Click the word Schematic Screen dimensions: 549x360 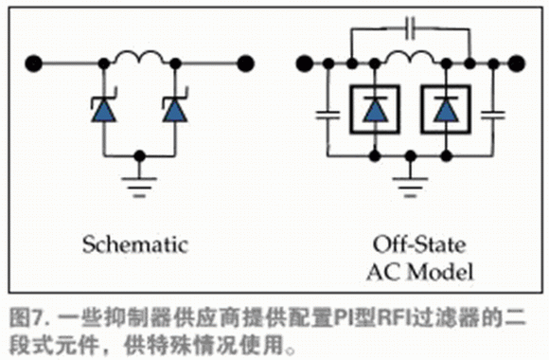tap(135, 244)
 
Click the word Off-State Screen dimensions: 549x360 tap(419, 244)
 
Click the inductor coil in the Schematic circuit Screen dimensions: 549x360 tap(139, 57)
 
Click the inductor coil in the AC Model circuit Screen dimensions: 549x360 tap(410, 57)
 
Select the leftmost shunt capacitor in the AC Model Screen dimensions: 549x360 tap(328, 115)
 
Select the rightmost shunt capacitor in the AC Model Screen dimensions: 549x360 tap(493, 115)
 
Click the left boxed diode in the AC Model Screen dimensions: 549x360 tap(375, 109)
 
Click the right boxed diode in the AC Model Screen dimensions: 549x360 tap(446, 109)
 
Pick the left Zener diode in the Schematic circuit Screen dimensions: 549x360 tap(103, 107)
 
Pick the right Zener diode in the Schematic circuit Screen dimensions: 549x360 tap(175, 107)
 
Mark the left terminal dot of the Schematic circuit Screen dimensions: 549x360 tap(34, 63)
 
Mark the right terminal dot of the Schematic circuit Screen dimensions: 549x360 tap(245, 63)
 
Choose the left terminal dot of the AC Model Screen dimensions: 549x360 tap(304, 63)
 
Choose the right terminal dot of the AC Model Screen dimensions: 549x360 tap(517, 63)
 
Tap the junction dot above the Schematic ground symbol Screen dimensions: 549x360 tap(139, 156)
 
